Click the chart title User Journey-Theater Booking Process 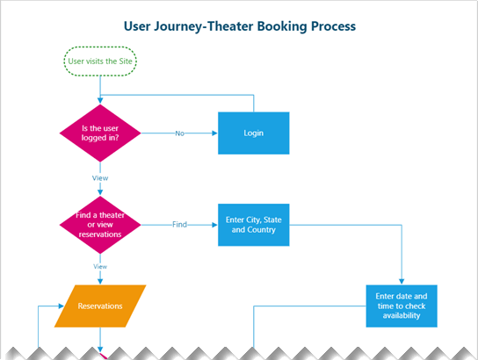[239, 26]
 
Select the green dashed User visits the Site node [101, 61]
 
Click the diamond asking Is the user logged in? [100, 133]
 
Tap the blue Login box [254, 133]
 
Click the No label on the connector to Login [179, 133]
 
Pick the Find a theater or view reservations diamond [100, 224]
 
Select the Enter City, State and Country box [254, 224]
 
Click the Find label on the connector [179, 225]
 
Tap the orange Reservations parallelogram [100, 306]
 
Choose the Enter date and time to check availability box [402, 306]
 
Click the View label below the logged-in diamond [100, 177]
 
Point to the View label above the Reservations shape [100, 266]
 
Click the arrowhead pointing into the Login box [214, 133]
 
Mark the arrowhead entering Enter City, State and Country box [214, 225]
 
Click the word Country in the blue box [266, 230]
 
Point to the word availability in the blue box [402, 316]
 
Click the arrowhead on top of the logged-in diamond [100, 102]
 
